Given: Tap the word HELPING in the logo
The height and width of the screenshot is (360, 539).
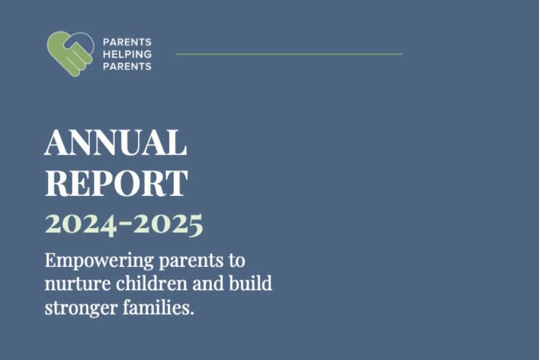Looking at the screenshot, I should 127,54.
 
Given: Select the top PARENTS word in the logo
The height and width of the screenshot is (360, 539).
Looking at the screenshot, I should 127,43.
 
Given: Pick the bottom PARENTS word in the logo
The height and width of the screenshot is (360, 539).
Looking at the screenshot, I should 127,66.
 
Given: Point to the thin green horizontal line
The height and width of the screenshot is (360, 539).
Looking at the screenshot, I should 289,54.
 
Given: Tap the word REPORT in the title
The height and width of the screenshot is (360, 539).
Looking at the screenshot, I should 116,183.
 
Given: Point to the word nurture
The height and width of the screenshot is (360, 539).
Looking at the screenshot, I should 70,285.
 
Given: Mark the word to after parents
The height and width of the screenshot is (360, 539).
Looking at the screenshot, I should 237,261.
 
